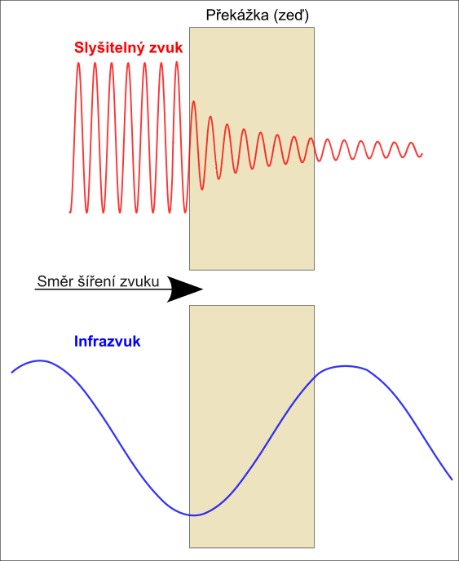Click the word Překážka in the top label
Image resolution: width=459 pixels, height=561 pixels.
(236, 15)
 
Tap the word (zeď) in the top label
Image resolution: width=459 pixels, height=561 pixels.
(291, 15)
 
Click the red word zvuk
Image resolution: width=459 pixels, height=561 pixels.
(166, 47)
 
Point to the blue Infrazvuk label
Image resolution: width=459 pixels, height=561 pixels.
(107, 342)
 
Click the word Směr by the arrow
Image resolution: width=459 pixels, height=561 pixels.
(54, 281)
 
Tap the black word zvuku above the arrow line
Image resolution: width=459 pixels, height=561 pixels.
(139, 282)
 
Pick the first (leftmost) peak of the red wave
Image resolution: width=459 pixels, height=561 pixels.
(78, 64)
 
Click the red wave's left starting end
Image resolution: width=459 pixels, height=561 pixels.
(70, 212)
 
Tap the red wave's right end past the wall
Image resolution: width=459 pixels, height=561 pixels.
(422, 154)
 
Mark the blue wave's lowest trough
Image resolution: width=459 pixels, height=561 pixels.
(193, 515)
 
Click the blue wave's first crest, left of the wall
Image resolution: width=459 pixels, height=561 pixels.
(40, 360)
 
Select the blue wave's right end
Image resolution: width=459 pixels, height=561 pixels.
(452, 479)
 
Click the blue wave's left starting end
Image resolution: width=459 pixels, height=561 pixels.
(12, 373)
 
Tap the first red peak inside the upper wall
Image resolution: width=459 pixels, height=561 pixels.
(193, 102)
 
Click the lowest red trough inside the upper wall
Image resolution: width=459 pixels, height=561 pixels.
(202, 189)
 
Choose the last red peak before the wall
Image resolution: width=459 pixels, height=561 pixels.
(177, 63)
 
